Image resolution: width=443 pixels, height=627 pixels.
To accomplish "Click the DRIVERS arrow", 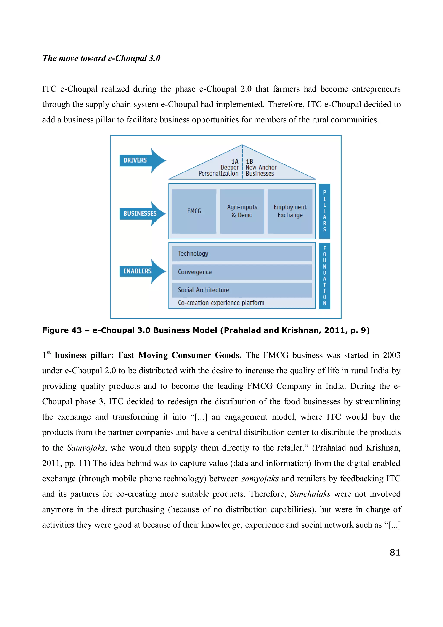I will tap(142, 160).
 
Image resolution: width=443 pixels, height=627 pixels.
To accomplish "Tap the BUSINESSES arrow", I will tap(142, 214).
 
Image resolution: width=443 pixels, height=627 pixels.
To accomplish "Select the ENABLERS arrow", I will tap(142, 271).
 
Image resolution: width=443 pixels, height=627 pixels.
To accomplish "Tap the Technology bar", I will tap(242, 254).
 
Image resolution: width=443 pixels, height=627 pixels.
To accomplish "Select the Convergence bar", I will tap(242, 272).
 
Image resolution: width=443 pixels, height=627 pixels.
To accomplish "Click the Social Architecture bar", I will tap(242, 290).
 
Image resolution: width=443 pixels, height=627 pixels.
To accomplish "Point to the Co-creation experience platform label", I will tap(221, 303).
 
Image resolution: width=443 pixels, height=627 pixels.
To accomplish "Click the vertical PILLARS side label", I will tap(324, 211).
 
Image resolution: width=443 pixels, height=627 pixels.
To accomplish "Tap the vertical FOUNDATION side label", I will tap(324, 276).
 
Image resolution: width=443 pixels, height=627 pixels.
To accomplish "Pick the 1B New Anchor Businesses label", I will tap(261, 168).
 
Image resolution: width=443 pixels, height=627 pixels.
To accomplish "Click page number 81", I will tap(395, 553).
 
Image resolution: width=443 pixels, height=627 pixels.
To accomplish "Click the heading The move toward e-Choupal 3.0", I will tap(101, 58).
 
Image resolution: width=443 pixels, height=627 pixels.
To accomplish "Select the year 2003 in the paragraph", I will tap(392, 355).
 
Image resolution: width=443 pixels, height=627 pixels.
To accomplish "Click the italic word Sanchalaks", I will tap(310, 494).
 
